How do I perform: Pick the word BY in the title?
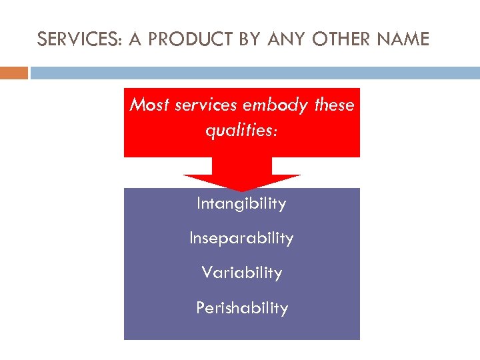(251, 40)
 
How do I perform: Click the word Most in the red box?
(146, 105)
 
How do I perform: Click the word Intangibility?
(241, 204)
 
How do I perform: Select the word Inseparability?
(241, 239)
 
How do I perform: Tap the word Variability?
(241, 273)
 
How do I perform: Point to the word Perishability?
(241, 308)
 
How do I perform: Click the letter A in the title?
(135, 40)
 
